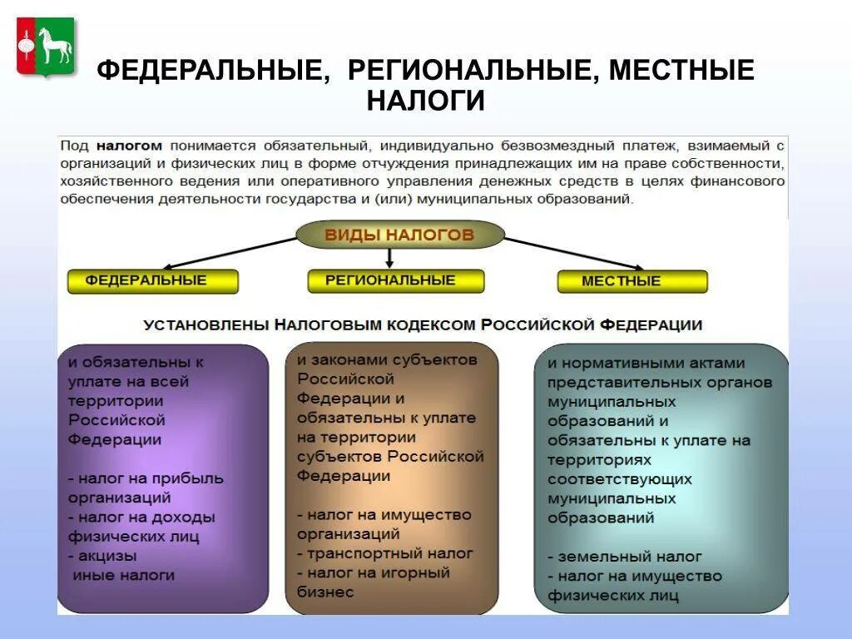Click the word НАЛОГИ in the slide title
[425, 101]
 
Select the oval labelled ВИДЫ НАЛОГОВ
[399, 235]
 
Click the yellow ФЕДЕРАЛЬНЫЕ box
[152, 281]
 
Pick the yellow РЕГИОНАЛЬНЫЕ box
[395, 280]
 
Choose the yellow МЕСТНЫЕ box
[632, 281]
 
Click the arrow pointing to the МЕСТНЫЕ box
[574, 253]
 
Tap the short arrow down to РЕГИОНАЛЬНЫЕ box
[389, 259]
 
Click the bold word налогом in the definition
[128, 145]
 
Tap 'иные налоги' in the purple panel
[124, 575]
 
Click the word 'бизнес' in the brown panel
[325, 592]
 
